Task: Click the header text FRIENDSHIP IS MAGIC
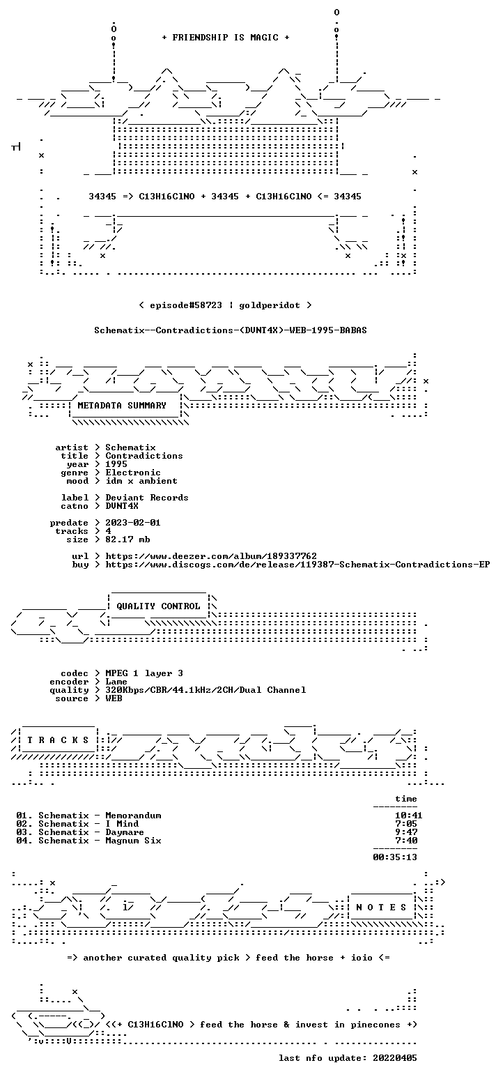click(226, 38)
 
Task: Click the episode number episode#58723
click(186, 305)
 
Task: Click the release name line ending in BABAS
click(231, 330)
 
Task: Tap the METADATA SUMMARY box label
click(122, 406)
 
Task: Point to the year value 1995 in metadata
click(116, 464)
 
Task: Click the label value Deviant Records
click(147, 498)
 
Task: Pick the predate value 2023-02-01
click(133, 523)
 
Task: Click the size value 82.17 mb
click(127, 539)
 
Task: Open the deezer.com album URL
click(211, 556)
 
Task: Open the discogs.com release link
click(297, 565)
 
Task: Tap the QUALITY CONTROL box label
click(158, 606)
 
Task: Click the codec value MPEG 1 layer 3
click(144, 673)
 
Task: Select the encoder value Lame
click(116, 682)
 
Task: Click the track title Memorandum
click(133, 816)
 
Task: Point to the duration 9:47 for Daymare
click(406, 832)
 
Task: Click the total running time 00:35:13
click(396, 857)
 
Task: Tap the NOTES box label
click(381, 908)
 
